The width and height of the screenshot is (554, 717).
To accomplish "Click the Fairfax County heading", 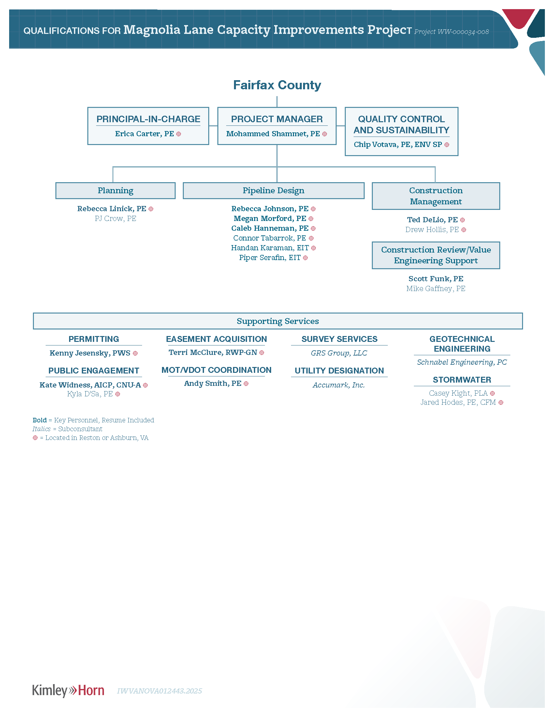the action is click(277, 85).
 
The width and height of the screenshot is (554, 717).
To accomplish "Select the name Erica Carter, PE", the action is click(144, 134).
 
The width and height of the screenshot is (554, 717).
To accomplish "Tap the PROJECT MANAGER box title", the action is click(277, 119).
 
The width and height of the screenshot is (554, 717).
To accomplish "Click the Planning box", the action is click(116, 191).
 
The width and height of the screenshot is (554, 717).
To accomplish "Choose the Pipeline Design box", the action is click(273, 191).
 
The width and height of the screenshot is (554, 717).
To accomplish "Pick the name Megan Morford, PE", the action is click(270, 218).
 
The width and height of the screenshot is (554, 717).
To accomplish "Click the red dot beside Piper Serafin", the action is click(305, 258).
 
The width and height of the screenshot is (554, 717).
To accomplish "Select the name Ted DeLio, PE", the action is click(432, 220).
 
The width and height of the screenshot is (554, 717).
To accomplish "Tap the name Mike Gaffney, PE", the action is click(436, 288).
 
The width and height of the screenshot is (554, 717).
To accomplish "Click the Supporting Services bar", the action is click(278, 321).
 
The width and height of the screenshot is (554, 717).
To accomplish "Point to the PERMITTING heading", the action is click(94, 339).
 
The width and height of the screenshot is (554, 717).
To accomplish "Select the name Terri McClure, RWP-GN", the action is click(213, 352).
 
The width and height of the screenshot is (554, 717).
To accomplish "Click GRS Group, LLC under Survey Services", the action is click(339, 353).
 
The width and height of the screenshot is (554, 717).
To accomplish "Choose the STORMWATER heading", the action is click(462, 380).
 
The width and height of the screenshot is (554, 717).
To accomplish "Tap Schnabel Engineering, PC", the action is click(462, 362).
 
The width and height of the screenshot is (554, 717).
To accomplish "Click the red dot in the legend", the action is click(35, 438).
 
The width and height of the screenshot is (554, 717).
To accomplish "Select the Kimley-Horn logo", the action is click(68, 690).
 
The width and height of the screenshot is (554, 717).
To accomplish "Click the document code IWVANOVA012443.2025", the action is click(159, 691).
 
